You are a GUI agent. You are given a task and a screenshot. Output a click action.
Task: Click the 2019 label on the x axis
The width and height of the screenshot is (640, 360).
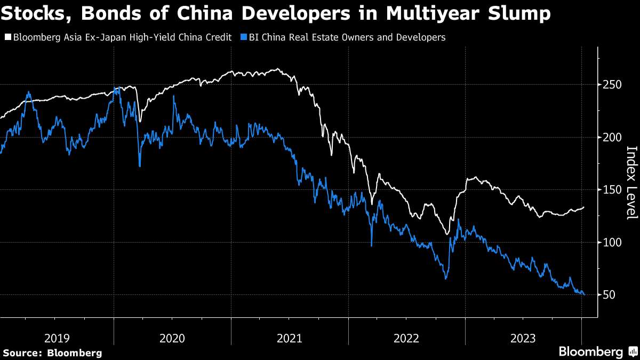(57, 338)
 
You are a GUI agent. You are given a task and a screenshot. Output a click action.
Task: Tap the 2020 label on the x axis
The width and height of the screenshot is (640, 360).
(172, 338)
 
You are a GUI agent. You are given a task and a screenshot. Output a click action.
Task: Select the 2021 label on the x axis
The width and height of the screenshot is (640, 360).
(290, 338)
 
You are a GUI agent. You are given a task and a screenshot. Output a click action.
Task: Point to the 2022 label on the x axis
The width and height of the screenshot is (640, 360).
(406, 338)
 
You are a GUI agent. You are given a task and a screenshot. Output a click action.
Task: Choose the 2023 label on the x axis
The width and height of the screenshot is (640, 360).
(523, 338)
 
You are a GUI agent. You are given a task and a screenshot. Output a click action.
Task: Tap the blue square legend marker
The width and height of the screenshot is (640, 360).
(244, 37)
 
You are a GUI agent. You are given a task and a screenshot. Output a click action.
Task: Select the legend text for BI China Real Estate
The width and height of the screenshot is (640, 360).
(347, 37)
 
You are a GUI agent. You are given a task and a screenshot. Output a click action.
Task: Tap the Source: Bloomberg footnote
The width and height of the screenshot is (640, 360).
(52, 353)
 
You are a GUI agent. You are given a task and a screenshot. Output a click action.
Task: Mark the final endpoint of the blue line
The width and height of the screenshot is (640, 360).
(584, 294)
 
